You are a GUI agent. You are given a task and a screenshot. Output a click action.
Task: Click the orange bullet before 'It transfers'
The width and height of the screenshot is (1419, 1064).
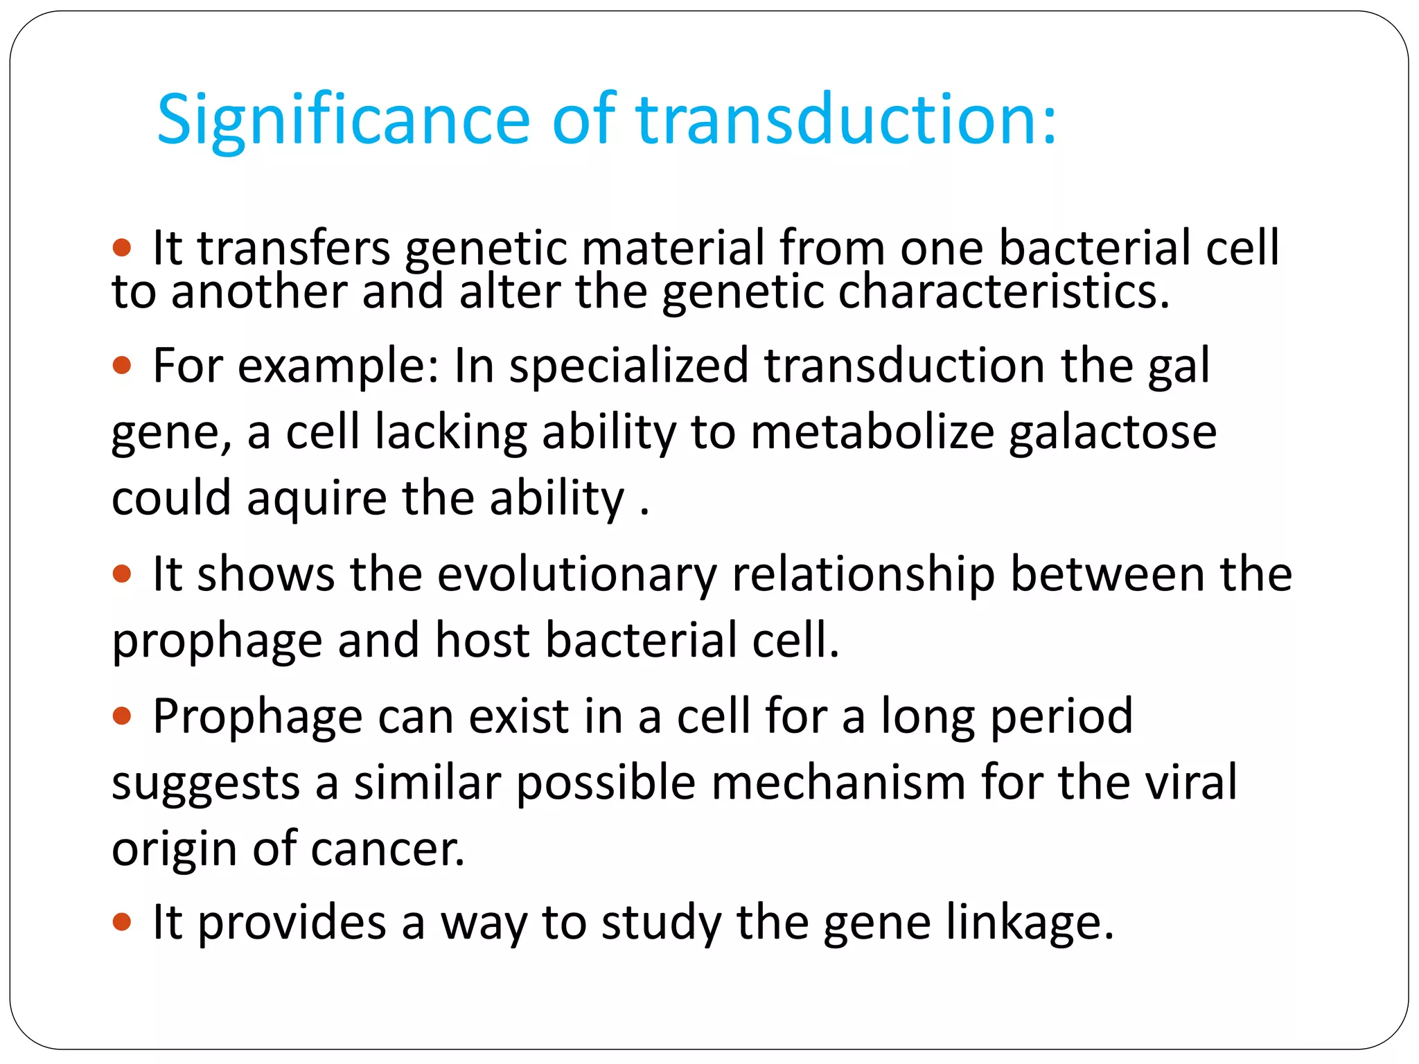[x=122, y=247]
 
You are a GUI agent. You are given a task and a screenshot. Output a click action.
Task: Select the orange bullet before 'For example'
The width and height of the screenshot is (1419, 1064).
[x=122, y=364]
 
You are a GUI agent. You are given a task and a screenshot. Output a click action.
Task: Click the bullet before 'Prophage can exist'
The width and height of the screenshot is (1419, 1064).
[x=122, y=716]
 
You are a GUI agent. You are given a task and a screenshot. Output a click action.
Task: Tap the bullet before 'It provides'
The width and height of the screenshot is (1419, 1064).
[x=122, y=921]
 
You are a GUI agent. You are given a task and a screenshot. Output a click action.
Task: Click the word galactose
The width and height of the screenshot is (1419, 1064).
[x=1112, y=432]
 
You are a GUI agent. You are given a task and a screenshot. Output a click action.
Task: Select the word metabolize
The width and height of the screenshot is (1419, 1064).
[x=872, y=432]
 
